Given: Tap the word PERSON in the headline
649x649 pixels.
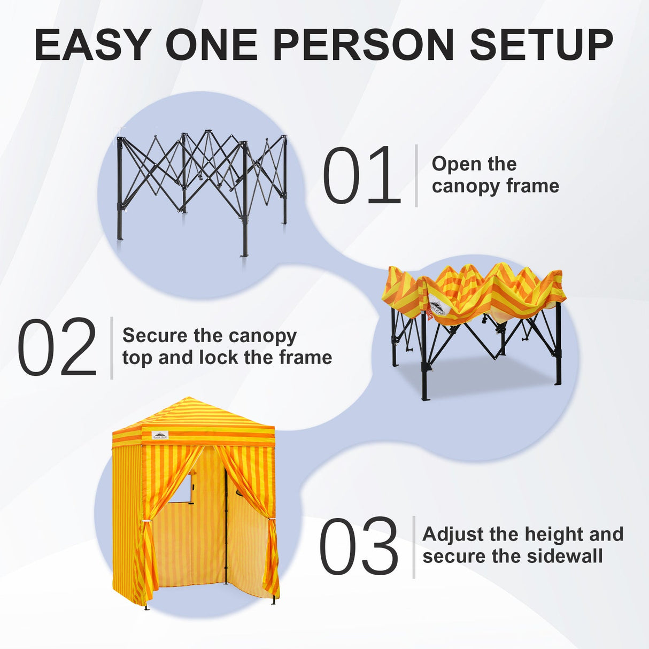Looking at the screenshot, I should [364, 45].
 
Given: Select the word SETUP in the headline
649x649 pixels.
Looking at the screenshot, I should [541, 45].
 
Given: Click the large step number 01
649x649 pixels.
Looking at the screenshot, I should [361, 176].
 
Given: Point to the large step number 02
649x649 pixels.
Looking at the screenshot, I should [57, 348].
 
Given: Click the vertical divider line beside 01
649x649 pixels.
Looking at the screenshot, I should [416, 175].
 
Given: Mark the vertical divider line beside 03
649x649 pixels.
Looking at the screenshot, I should [414, 546].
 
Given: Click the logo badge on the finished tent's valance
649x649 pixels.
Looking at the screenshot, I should [160, 435].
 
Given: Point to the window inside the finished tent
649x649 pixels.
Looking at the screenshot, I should [184, 487].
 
